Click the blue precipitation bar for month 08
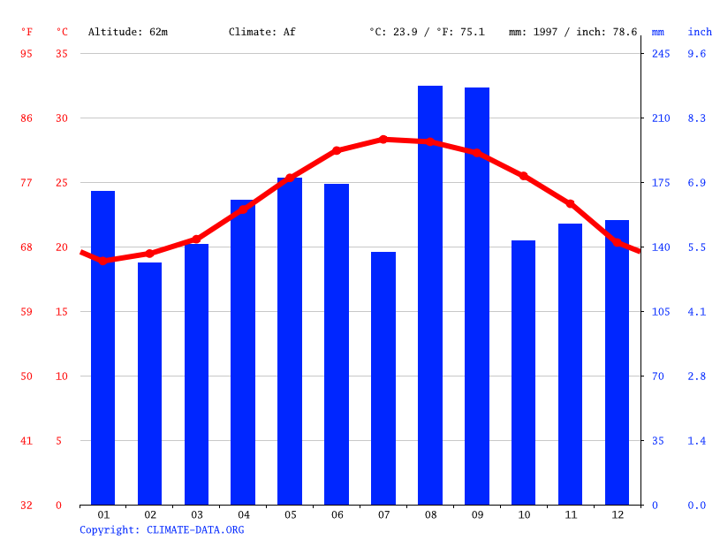[430, 295]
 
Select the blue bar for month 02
[149, 384]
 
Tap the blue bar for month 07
[383, 378]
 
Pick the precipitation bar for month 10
[523, 372]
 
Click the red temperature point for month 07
[383, 140]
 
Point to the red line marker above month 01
[103, 261]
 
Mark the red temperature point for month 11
[570, 204]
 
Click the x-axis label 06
[337, 514]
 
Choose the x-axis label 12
[617, 514]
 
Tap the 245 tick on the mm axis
[661, 54]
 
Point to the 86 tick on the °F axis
[27, 118]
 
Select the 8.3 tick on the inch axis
[697, 118]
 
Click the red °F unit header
[27, 32]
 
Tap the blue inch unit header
[700, 32]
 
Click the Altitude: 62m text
[128, 32]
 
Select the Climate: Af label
[262, 32]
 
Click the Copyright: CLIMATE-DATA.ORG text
[162, 530]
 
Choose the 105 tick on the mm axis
[661, 312]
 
